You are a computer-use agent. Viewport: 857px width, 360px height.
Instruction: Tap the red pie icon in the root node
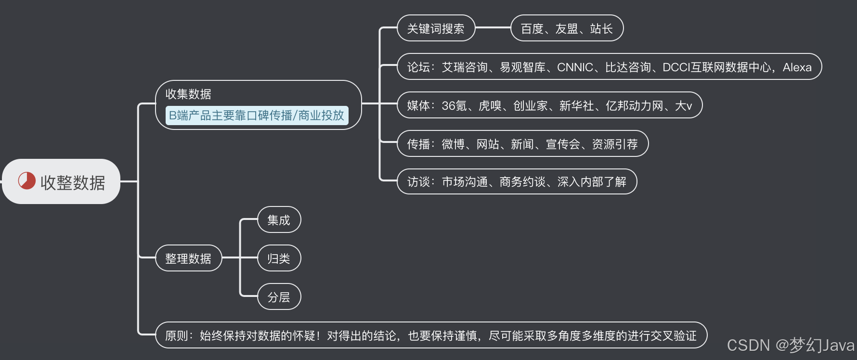pos(27,181)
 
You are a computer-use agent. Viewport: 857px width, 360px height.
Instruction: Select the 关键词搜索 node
pos(436,28)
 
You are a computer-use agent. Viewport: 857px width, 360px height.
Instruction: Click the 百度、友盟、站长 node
pos(567,28)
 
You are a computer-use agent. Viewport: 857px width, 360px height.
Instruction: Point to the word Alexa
pos(797,67)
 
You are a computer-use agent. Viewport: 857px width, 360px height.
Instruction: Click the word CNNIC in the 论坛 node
pos(575,67)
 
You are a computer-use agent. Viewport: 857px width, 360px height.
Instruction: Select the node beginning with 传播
pos(522,144)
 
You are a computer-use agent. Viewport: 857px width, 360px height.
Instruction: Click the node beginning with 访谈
pos(517,182)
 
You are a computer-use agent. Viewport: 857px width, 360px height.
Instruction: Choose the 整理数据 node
pos(188,258)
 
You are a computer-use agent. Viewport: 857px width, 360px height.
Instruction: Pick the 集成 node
pos(279,220)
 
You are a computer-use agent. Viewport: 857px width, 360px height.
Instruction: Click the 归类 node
pos(279,258)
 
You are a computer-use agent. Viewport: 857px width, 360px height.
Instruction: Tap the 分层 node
pos(279,297)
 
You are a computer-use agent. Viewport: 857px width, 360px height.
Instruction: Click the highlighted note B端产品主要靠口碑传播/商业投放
pos(256,116)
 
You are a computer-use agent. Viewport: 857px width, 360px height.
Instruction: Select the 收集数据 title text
pos(188,94)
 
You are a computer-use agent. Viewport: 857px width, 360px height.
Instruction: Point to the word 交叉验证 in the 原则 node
pos(673,335)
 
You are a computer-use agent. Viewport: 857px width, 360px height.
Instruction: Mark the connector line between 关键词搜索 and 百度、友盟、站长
pos(493,28)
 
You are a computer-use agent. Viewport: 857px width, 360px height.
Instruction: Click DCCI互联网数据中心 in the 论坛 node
pos(716,67)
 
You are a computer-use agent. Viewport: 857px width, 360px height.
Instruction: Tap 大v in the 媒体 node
pos(684,105)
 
